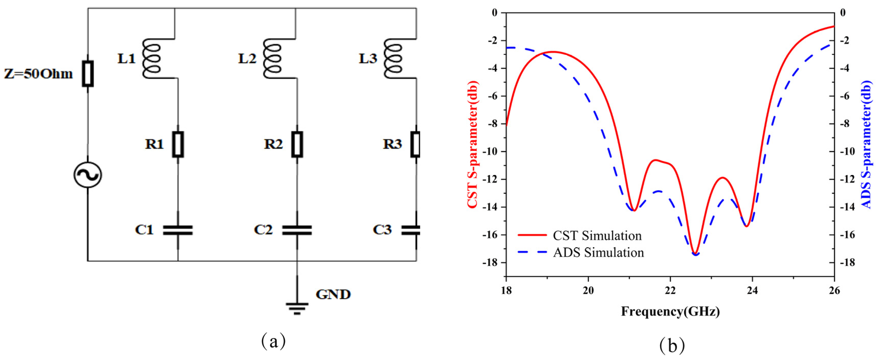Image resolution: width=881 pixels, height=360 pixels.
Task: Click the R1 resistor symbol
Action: pyautogui.click(x=178, y=144)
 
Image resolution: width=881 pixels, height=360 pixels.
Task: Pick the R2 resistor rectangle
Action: pyautogui.click(x=297, y=144)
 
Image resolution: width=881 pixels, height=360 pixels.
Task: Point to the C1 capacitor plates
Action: pyautogui.click(x=178, y=230)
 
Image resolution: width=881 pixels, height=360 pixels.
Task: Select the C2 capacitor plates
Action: pyautogui.click(x=297, y=230)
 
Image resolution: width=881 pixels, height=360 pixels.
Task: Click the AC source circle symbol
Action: pyautogui.click(x=87, y=175)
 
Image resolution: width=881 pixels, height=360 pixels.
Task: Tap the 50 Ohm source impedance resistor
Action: pyautogui.click(x=87, y=73)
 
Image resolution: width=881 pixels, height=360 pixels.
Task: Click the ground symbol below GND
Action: pyautogui.click(x=297, y=307)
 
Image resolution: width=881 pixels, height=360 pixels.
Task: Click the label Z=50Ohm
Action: pyautogui.click(x=38, y=74)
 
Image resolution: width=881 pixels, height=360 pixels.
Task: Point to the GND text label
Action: pyautogui.click(x=333, y=294)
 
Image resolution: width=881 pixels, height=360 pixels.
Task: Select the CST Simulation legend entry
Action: pyautogui.click(x=580, y=235)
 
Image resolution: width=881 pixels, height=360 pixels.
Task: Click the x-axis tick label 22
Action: pyautogui.click(x=670, y=290)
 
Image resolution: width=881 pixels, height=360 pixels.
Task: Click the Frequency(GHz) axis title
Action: pyautogui.click(x=670, y=311)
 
